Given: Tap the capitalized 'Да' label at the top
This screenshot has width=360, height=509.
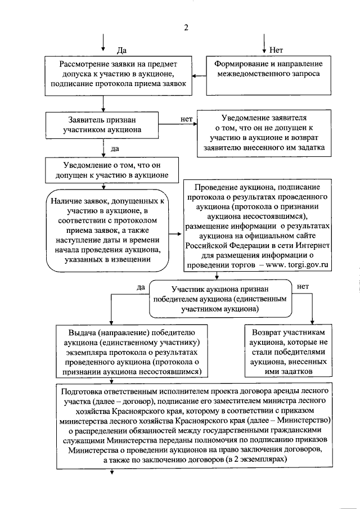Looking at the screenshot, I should pyautogui.click(x=120, y=51).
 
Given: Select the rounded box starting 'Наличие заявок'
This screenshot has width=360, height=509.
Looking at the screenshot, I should pyautogui.click(x=106, y=231).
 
